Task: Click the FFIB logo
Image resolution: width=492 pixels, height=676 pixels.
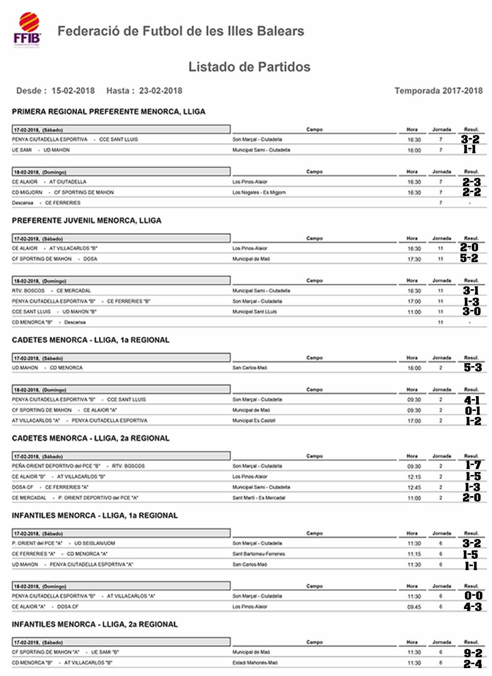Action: pyautogui.click(x=28, y=30)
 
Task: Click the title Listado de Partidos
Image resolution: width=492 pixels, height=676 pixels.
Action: pyautogui.click(x=249, y=67)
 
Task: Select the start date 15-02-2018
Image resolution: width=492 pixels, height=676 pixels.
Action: pyautogui.click(x=73, y=91)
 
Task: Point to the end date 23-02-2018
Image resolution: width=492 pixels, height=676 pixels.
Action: pyautogui.click(x=160, y=91)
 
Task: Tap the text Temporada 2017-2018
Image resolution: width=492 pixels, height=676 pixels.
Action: pyautogui.click(x=438, y=91)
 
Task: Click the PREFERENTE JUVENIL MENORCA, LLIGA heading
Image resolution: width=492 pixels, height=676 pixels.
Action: pyautogui.click(x=87, y=220)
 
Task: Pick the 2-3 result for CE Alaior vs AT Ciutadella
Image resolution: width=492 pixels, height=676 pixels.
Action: pyautogui.click(x=471, y=182)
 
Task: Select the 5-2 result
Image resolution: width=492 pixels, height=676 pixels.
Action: pyautogui.click(x=469, y=258)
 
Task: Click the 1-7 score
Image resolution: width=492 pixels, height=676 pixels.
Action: pyautogui.click(x=473, y=465)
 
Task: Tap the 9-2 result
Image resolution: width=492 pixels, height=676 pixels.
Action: pyautogui.click(x=473, y=653)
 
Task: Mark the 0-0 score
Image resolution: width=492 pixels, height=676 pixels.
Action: pyautogui.click(x=473, y=596)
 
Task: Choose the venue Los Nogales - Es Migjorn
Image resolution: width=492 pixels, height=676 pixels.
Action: pyautogui.click(x=259, y=193)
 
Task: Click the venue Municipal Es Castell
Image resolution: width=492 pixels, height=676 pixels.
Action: pyautogui.click(x=253, y=421)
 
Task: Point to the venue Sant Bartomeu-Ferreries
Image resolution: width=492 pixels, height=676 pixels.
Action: pyautogui.click(x=258, y=554)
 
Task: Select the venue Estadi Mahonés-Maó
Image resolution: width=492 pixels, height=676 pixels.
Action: pyautogui.click(x=255, y=663)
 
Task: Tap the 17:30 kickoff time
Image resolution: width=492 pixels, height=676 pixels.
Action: pyautogui.click(x=414, y=259)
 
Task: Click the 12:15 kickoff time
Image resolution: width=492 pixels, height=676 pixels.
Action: pyautogui.click(x=414, y=477)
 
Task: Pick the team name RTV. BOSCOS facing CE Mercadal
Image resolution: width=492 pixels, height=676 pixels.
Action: pyautogui.click(x=28, y=291)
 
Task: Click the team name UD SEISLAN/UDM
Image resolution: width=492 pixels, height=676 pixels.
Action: pyautogui.click(x=94, y=543)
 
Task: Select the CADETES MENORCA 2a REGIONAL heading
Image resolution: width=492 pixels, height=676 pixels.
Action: pyautogui.click(x=91, y=438)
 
